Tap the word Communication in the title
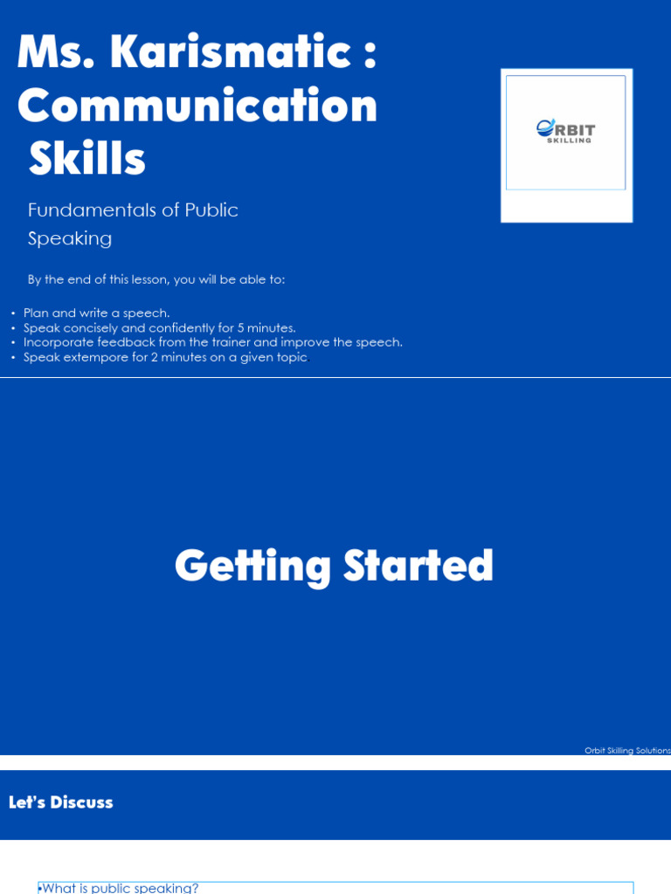[197, 106]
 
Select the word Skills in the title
[86, 159]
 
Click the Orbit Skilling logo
[565, 132]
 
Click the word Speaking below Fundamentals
[70, 238]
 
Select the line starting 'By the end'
[156, 279]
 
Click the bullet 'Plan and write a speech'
[97, 313]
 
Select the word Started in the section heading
[419, 567]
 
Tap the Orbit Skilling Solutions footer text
[627, 751]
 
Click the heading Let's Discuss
[61, 802]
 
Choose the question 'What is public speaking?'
[120, 888]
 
